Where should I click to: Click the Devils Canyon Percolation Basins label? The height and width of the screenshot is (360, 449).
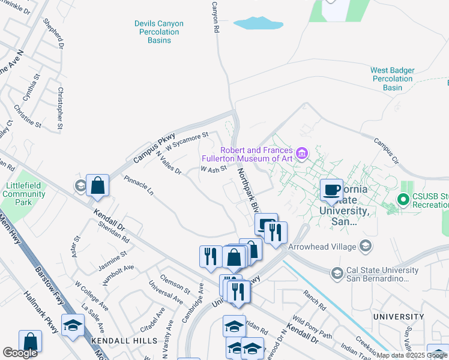coord(158,32)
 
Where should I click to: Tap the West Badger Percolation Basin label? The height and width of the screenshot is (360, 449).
coord(393,79)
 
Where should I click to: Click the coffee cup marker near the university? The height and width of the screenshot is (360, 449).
coord(331,190)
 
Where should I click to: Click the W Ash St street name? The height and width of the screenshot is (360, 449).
coord(213,170)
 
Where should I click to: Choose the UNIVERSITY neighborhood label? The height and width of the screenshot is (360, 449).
coord(398,316)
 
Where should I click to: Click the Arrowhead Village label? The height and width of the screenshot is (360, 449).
coord(322,245)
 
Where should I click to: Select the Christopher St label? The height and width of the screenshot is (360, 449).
coord(59,109)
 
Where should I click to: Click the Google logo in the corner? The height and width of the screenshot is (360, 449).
coord(20,353)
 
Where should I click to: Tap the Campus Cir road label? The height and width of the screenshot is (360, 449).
coord(386,150)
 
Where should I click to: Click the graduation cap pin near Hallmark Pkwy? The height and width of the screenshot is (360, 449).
coord(73,325)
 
